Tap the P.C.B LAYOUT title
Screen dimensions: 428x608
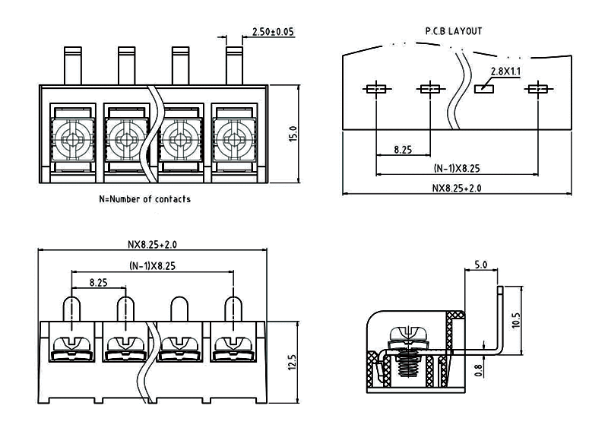click(453, 31)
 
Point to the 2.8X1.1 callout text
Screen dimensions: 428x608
click(505, 71)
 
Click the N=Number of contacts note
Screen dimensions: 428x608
click(144, 199)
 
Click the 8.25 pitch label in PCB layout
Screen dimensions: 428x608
click(403, 150)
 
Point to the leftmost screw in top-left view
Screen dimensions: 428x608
click(73, 139)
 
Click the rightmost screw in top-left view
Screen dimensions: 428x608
click(233, 139)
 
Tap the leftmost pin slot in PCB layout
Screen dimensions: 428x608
click(376, 89)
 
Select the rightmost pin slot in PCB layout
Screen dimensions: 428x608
click(537, 89)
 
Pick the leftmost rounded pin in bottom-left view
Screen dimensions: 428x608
click(72, 309)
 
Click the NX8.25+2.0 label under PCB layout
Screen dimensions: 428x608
click(457, 187)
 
